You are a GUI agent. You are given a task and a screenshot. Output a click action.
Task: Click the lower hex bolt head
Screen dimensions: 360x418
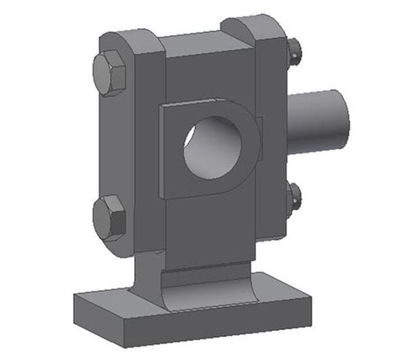[109, 216]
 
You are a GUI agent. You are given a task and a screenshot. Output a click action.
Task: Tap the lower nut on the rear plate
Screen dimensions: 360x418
[295, 198]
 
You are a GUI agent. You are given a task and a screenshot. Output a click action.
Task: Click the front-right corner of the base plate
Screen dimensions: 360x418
[312, 319]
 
